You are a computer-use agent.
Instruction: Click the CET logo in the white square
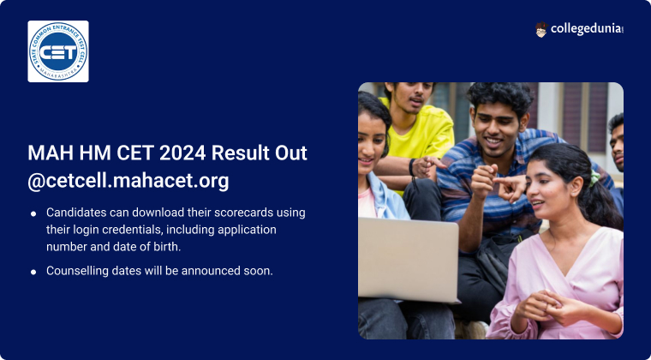(58, 51)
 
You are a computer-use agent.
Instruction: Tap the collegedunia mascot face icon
(541, 29)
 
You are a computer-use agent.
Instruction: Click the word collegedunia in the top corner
(586, 29)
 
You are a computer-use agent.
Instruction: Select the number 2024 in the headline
(182, 153)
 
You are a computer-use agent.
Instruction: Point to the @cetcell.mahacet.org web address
(128, 181)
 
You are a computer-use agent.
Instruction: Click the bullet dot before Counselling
(33, 272)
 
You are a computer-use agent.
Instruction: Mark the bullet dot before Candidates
(33, 213)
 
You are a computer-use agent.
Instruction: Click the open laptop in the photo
(409, 260)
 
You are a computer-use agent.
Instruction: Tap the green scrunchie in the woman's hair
(594, 178)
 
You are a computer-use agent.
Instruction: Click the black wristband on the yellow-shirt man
(411, 167)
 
